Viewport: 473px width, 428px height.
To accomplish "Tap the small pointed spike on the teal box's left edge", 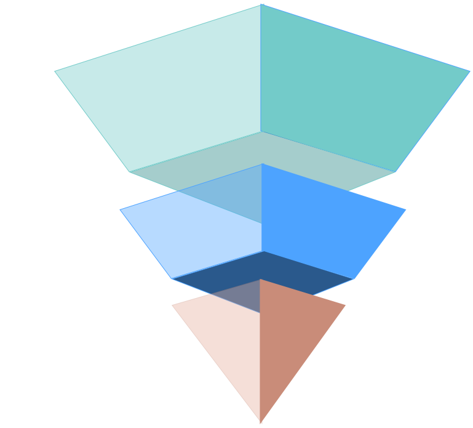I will pyautogui.click(x=56, y=73).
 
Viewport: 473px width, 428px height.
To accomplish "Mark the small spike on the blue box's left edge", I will pyautogui.click(x=122, y=212).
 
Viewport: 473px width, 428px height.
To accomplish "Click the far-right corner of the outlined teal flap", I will pyautogui.click(x=469, y=71).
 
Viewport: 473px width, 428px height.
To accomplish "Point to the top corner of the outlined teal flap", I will pyautogui.click(x=261, y=5).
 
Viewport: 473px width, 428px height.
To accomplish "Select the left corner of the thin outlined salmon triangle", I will pyautogui.click(x=172, y=305).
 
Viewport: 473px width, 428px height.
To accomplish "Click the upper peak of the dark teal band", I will pyautogui.click(x=263, y=132).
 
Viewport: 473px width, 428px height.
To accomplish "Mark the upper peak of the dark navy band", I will pyautogui.click(x=264, y=252).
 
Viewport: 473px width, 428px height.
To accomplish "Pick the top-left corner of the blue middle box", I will pyautogui.click(x=129, y=174).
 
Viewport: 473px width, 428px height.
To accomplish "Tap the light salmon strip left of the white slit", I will pyautogui.click(x=194, y=382).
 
